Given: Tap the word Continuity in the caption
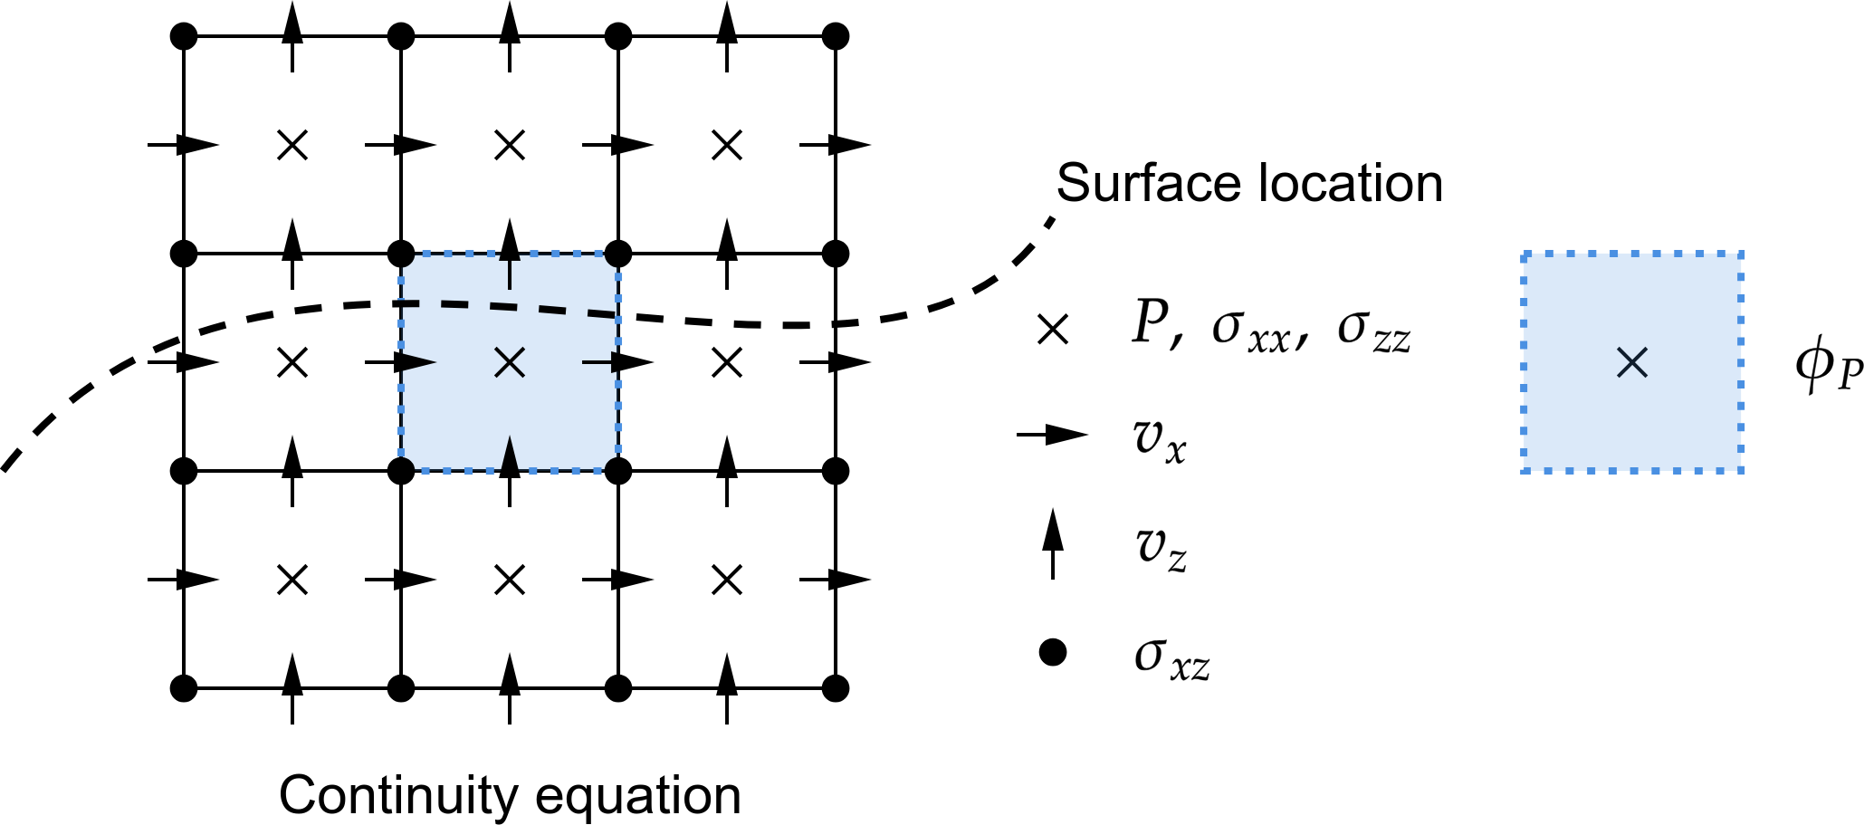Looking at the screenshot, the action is pyautogui.click(x=399, y=796).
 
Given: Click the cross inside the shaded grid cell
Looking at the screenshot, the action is pyautogui.click(x=511, y=363).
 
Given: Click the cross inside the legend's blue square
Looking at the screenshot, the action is pyautogui.click(x=1632, y=363).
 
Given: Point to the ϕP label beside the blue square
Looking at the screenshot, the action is pyautogui.click(x=1829, y=367).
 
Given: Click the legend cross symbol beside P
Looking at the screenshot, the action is pyautogui.click(x=1053, y=330).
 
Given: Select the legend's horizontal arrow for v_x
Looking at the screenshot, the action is pyautogui.click(x=1052, y=436).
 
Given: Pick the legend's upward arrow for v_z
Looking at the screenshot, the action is pyautogui.click(x=1052, y=543).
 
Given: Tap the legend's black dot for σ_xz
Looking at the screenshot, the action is pyautogui.click(x=1052, y=652).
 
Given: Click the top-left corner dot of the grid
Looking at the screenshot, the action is pyautogui.click(x=184, y=37).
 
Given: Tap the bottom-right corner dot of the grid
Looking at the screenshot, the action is pyautogui.click(x=836, y=688).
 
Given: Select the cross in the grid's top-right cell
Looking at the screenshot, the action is pyautogui.click(x=727, y=145).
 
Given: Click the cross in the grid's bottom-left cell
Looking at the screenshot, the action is pyautogui.click(x=292, y=580).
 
